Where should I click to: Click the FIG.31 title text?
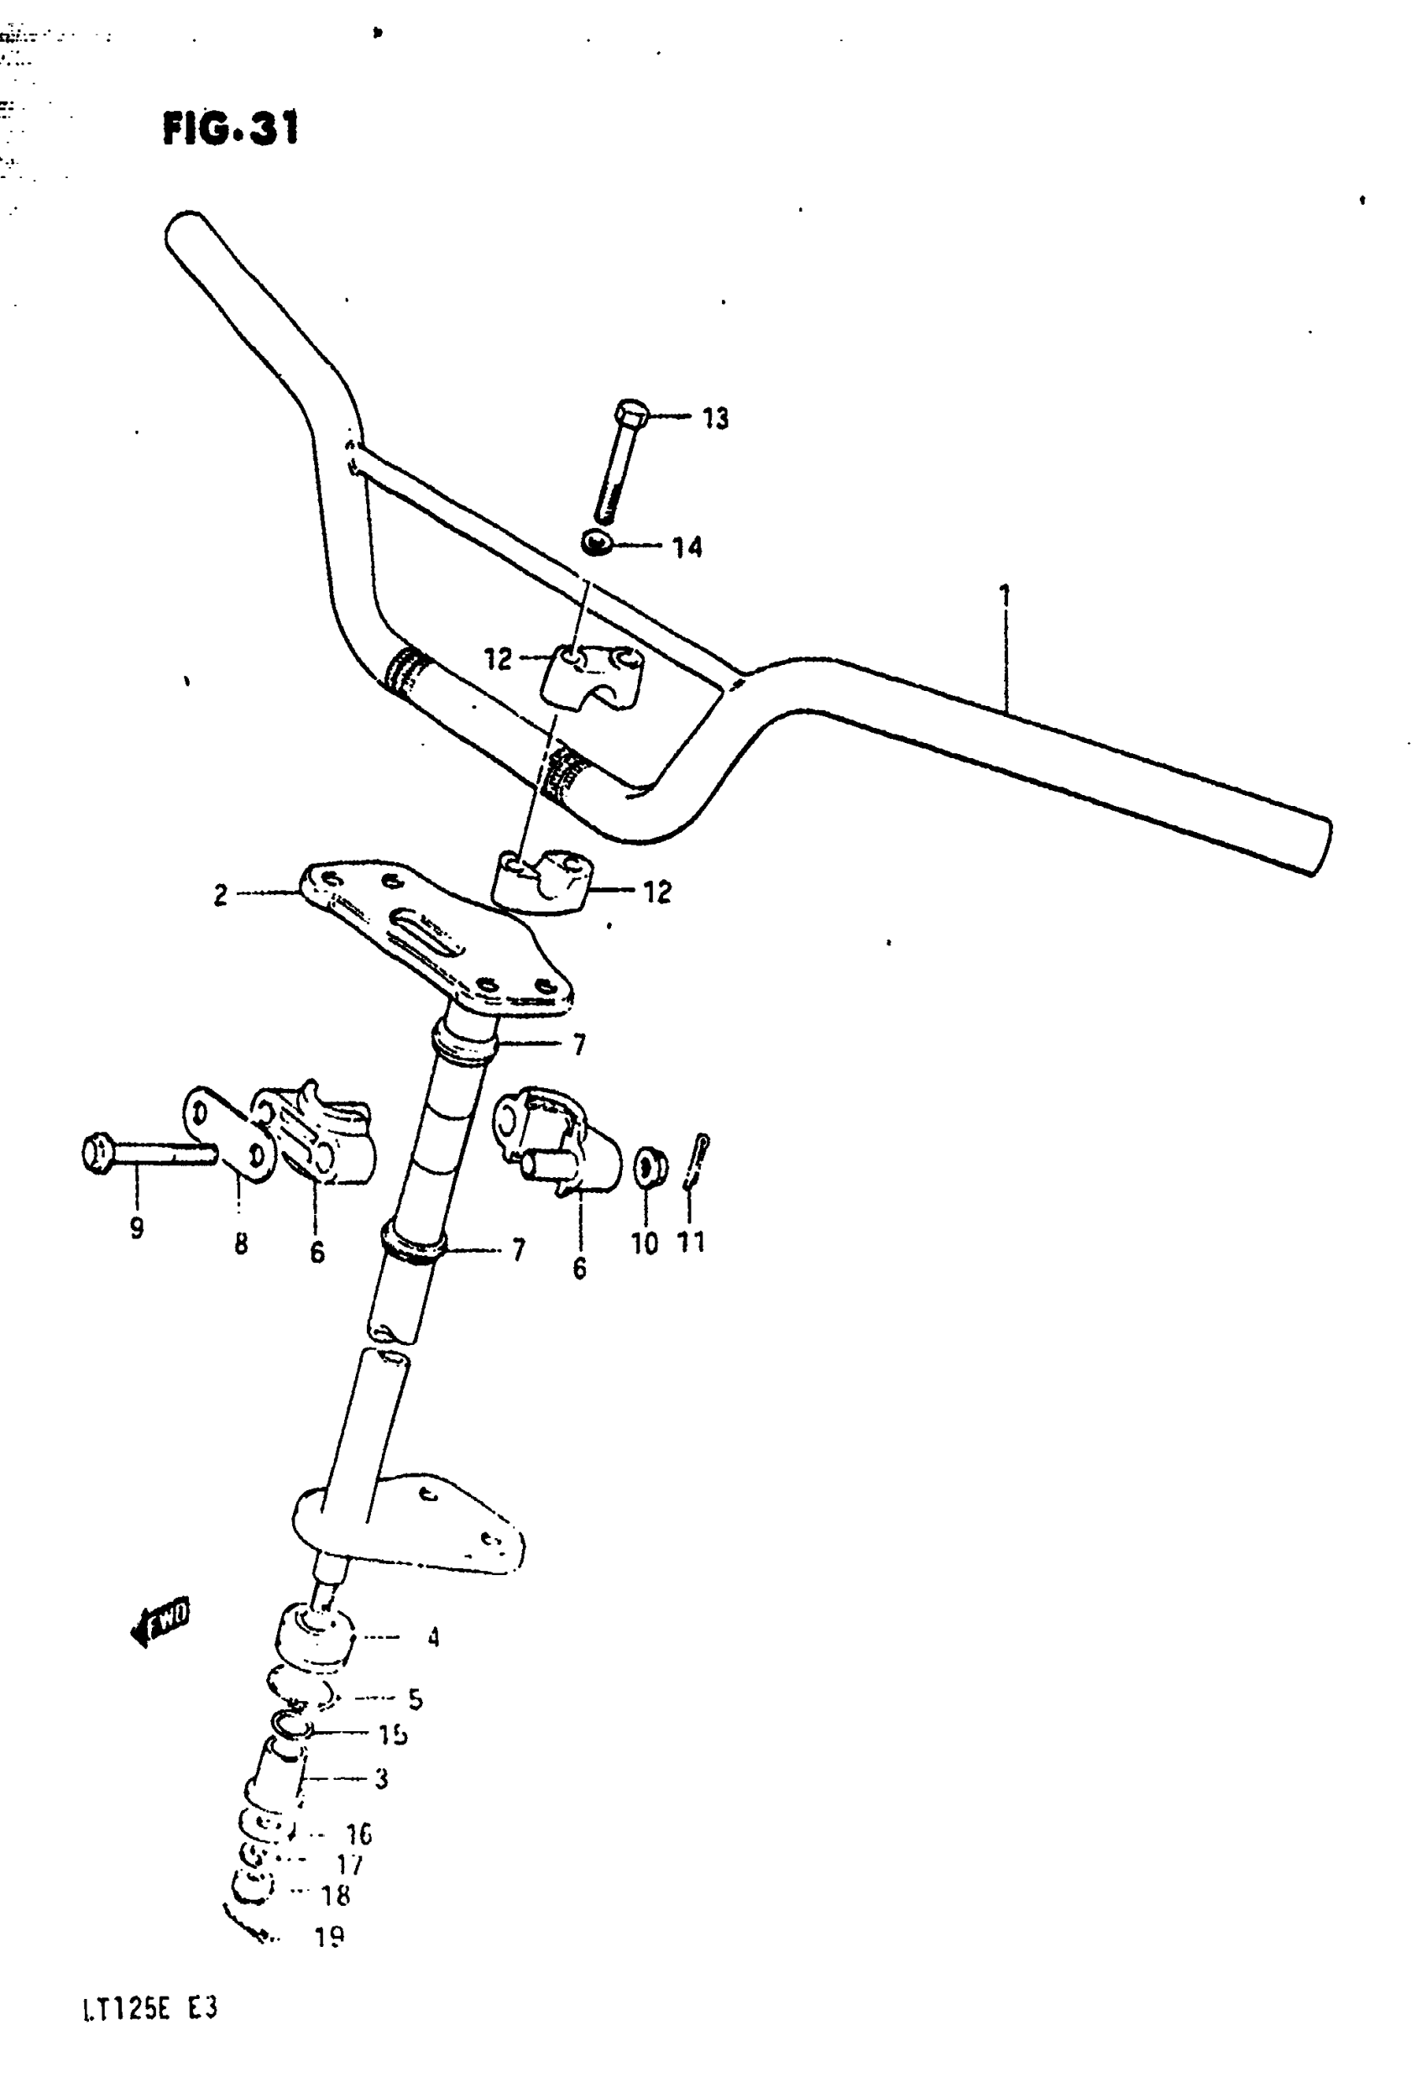click(231, 128)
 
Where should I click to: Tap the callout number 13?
click(715, 418)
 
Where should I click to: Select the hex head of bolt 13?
click(631, 413)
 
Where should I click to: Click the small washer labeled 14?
click(596, 542)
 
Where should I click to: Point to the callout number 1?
click(1005, 594)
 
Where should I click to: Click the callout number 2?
click(220, 895)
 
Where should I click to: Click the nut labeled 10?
click(651, 1166)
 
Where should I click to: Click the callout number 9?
click(137, 1227)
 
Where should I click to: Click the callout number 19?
click(330, 1937)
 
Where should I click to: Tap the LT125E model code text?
click(149, 2009)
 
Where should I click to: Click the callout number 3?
click(381, 1778)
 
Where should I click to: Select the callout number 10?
click(644, 1243)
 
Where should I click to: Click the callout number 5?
click(415, 1699)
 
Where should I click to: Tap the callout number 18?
click(335, 1896)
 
